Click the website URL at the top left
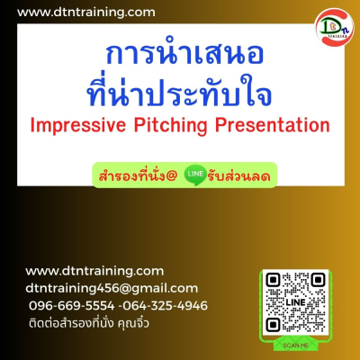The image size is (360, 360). (86, 13)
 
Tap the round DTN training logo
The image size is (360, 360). (335, 28)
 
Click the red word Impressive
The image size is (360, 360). (78, 125)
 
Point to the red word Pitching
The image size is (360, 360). (170, 125)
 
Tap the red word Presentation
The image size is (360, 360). (273, 125)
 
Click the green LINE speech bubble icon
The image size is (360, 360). (195, 175)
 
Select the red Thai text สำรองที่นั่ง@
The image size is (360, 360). (138, 175)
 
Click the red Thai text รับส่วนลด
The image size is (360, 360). (238, 175)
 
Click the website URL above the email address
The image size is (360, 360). (94, 271)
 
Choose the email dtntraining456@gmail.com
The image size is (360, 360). (112, 289)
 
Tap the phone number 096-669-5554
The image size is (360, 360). (72, 306)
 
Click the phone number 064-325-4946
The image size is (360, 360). (166, 306)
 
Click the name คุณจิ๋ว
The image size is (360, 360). (133, 323)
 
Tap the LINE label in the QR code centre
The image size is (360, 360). (295, 302)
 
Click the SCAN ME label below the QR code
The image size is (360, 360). (295, 346)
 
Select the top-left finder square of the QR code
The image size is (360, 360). (273, 280)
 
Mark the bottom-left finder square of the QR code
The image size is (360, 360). (273, 325)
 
